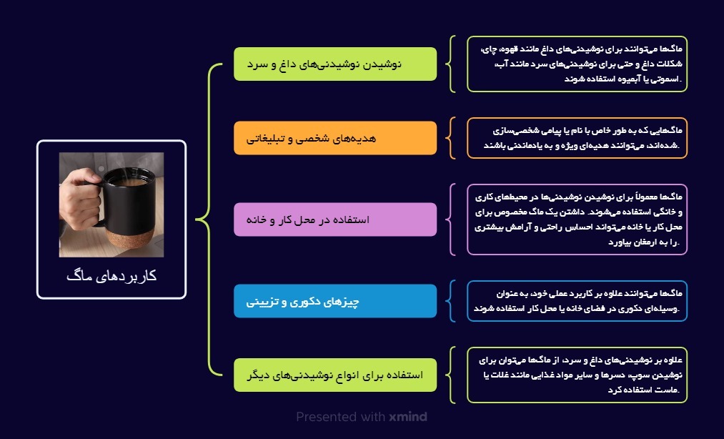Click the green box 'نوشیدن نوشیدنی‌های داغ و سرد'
click(x=334, y=64)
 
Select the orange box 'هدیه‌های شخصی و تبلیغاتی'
click(x=334, y=138)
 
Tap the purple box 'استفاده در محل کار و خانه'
click(x=334, y=219)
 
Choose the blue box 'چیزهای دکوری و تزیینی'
click(x=334, y=301)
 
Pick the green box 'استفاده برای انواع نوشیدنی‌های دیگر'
click(x=334, y=375)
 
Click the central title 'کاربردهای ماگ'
click(x=111, y=275)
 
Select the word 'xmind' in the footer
click(x=408, y=416)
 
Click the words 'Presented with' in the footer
click(x=341, y=416)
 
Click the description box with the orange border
click(x=577, y=138)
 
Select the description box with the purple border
click(x=577, y=219)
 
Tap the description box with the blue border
click(x=577, y=301)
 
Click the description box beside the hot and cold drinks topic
click(x=577, y=64)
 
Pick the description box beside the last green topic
click(x=577, y=375)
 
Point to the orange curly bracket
click(x=450, y=138)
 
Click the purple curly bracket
click(x=450, y=219)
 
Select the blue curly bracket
click(x=450, y=301)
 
